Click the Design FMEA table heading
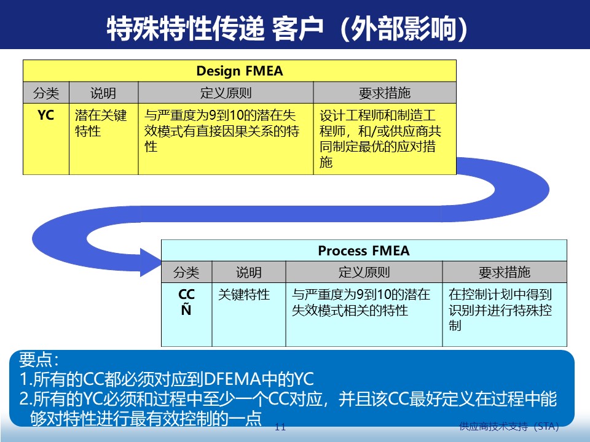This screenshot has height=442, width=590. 240,71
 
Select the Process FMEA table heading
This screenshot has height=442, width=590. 363,250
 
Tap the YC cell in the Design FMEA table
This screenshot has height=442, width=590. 46,115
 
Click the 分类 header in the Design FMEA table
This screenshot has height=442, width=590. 46,93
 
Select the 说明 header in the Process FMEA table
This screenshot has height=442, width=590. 249,273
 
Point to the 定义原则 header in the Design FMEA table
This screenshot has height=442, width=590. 226,93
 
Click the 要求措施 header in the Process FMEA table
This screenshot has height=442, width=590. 504,273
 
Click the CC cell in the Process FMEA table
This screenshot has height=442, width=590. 186,295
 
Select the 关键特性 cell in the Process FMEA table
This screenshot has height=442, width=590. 244,295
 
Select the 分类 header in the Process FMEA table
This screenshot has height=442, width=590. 186,273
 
